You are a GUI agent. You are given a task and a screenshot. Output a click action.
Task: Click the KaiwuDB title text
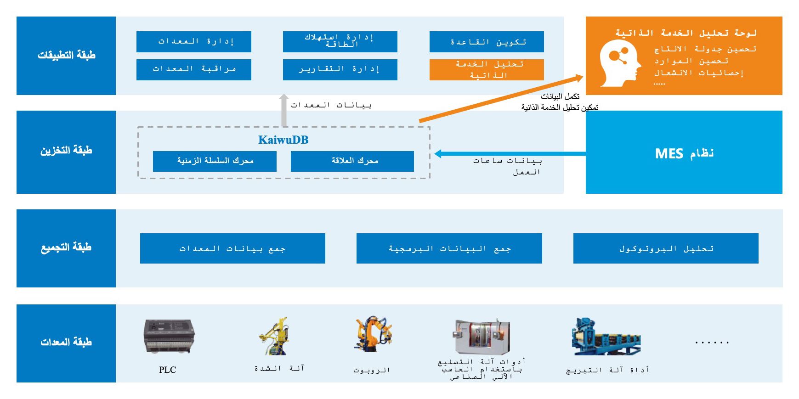tap(283, 140)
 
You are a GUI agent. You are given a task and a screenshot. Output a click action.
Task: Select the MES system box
tap(684, 152)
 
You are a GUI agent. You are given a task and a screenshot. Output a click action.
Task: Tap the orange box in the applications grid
tap(487, 70)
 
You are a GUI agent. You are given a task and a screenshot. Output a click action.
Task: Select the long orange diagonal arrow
tap(501, 100)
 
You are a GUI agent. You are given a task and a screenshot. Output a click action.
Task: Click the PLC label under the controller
tap(167, 370)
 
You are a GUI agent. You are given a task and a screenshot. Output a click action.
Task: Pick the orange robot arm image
tap(373, 334)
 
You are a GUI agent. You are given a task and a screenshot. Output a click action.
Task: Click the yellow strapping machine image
tap(275, 336)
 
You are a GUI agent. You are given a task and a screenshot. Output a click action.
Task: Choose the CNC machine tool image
tap(482, 337)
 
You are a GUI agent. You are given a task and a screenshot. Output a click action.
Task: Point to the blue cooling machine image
tap(605, 337)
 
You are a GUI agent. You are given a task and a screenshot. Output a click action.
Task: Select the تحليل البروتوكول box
tap(666, 248)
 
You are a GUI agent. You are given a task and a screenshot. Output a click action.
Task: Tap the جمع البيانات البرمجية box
tap(449, 248)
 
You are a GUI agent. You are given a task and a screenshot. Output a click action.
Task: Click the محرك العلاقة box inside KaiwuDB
tap(352, 161)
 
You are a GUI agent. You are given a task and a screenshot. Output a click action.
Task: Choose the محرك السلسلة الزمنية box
tap(215, 161)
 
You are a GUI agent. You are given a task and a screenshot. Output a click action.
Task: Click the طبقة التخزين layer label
tap(66, 151)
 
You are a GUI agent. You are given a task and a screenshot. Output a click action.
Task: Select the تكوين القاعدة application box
tap(487, 42)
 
